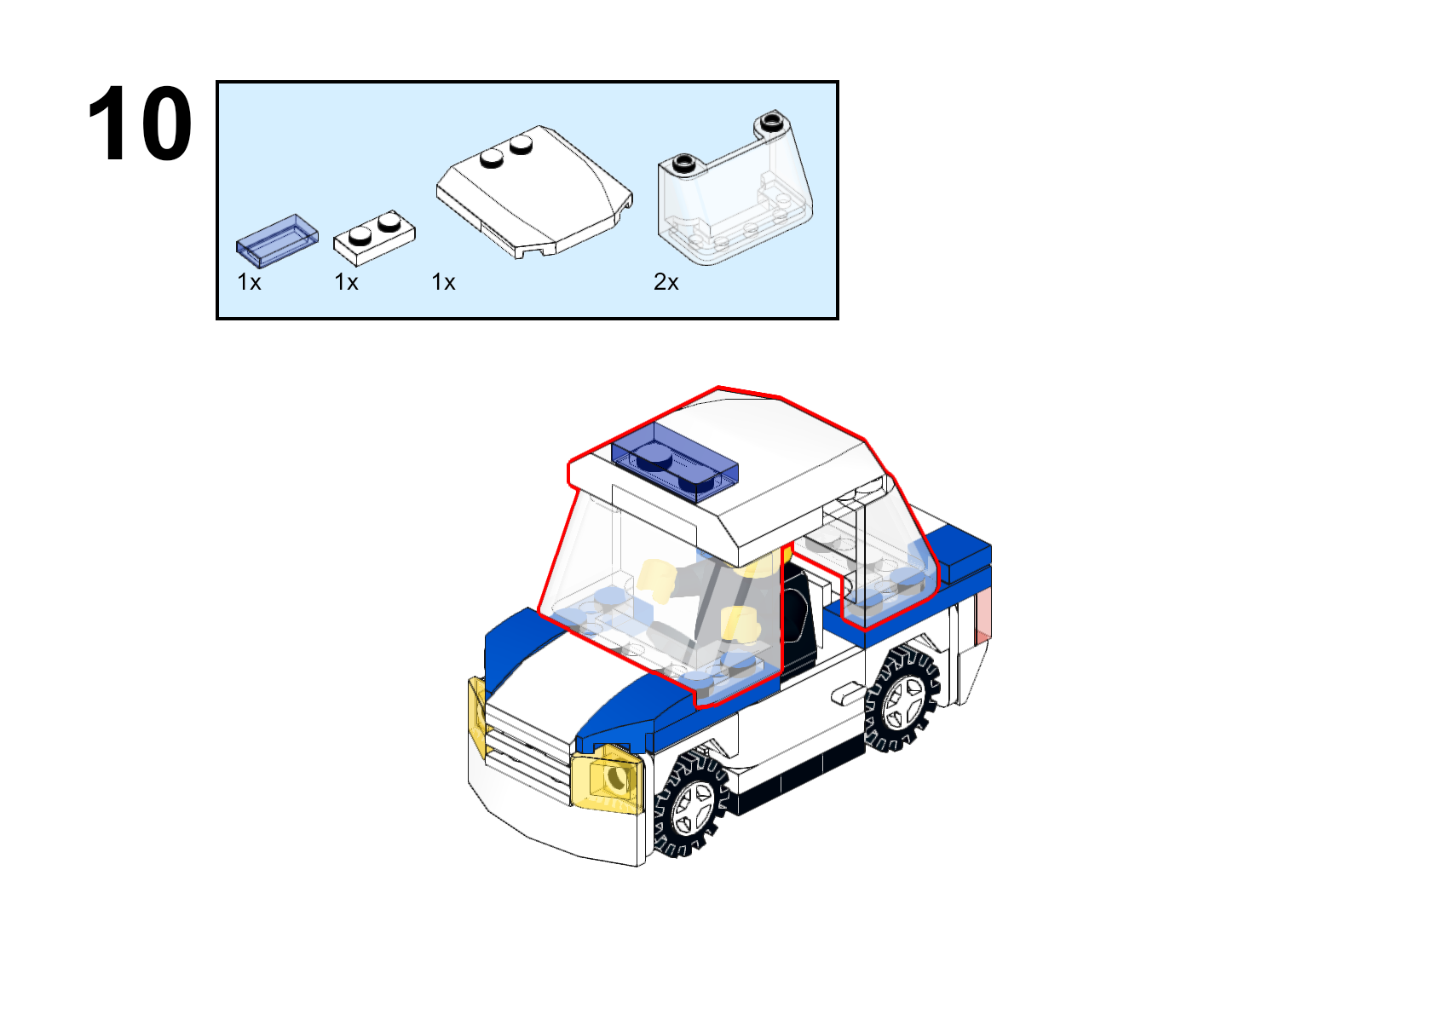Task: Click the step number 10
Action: tap(140, 124)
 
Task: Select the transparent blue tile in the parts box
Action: tap(278, 240)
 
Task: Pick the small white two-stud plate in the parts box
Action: tap(374, 237)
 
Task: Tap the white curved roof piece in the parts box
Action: tap(534, 192)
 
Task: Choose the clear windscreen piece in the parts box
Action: tap(735, 187)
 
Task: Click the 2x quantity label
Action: tap(666, 282)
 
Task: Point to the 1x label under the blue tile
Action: tap(249, 282)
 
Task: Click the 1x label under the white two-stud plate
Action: tap(347, 282)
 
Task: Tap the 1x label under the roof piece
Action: tap(443, 282)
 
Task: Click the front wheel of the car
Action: tap(690, 804)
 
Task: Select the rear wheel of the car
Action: tap(902, 700)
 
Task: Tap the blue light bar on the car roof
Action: tap(675, 460)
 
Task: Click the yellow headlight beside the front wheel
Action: tap(608, 778)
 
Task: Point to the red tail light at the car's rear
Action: tap(983, 615)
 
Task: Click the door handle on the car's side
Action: tap(847, 693)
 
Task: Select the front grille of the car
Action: tap(527, 752)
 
